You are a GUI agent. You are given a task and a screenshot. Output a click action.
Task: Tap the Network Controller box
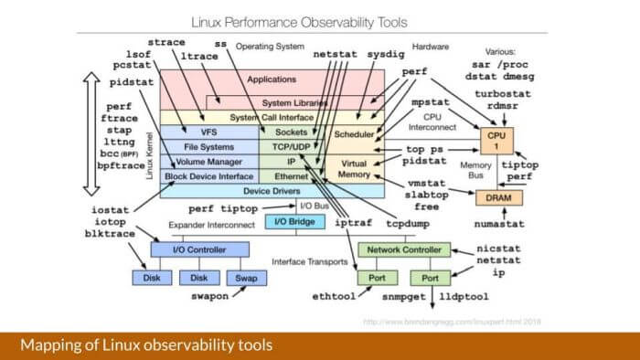pos(403,249)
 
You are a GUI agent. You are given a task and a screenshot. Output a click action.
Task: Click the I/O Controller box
pos(198,249)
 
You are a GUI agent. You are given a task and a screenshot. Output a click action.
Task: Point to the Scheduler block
pos(354,134)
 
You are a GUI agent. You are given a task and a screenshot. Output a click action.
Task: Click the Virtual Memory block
pos(354,169)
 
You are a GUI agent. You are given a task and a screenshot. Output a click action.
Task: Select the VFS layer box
pos(208,131)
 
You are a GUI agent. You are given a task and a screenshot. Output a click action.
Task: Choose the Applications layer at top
pos(271,80)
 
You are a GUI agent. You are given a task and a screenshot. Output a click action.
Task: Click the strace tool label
pos(166,41)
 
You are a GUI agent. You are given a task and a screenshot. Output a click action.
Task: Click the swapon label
pos(208,296)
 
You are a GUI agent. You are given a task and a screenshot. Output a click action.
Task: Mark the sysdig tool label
pos(389,54)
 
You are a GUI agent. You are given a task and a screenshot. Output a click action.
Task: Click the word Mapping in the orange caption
pos(49,345)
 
